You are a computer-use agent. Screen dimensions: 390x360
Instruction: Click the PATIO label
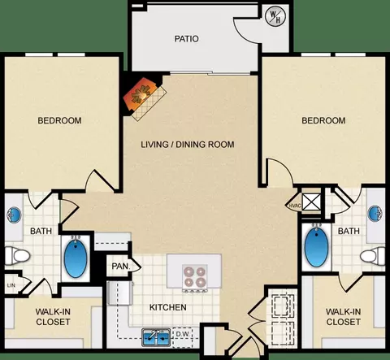coord(186,39)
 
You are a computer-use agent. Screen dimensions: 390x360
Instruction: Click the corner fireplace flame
coord(141,94)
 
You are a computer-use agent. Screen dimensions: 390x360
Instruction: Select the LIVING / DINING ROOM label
coord(188,145)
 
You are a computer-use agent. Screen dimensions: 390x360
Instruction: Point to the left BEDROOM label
coord(59,120)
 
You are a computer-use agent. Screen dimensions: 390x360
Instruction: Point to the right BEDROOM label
coord(323,120)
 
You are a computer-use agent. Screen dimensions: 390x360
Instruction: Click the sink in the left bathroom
coord(14,215)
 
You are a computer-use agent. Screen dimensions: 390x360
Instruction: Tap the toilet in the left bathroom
coord(17,255)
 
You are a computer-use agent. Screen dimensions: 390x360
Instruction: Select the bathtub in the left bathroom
coord(76,258)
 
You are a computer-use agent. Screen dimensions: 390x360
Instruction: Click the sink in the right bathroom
coord(375,213)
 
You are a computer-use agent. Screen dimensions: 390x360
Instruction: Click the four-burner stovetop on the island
coord(194,277)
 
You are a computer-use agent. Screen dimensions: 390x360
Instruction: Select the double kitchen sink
coord(156,337)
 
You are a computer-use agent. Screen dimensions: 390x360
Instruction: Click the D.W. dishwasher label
coord(183,334)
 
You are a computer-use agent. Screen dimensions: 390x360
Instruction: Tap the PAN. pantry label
coord(121,266)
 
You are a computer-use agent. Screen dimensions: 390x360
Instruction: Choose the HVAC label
coord(295,206)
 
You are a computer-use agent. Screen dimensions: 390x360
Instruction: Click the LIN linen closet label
coord(11,285)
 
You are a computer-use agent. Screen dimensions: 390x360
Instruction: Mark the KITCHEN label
coord(168,307)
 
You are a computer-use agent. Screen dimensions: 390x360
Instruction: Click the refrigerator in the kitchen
coord(120,293)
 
